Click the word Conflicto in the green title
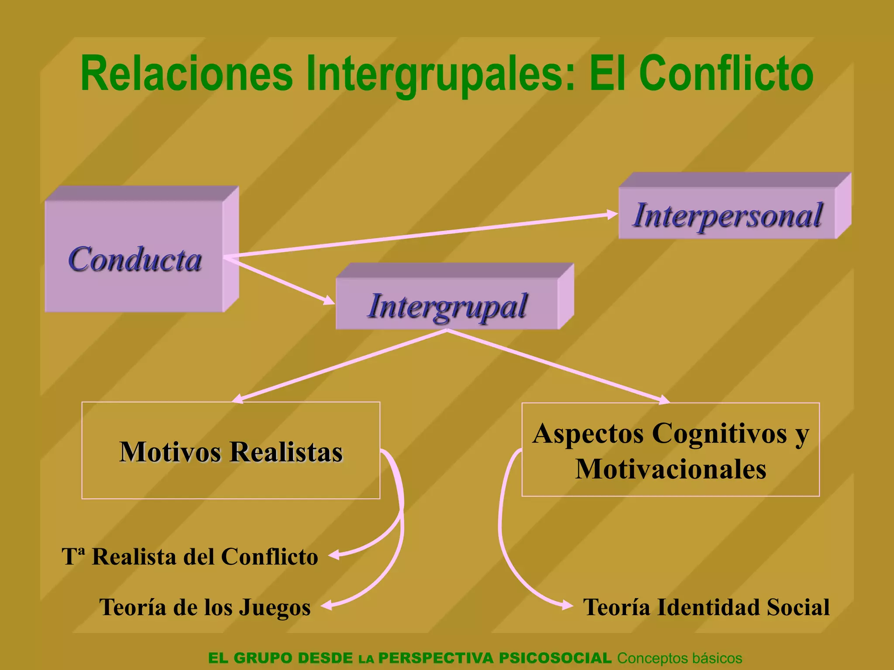726,73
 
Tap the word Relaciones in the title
187,73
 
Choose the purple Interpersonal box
727,214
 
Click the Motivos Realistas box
230,451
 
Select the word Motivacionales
670,469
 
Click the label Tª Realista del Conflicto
190,557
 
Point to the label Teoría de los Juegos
205,607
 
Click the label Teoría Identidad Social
706,607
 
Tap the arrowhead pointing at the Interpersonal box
612,214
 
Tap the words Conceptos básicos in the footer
679,658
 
